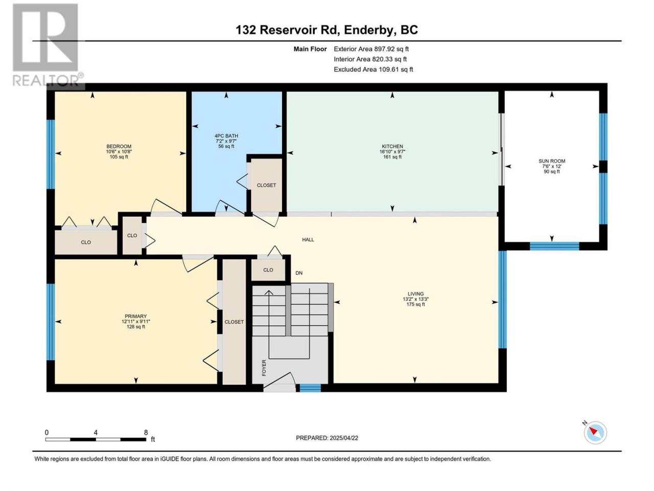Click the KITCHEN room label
(392, 146)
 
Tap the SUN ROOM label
(551, 161)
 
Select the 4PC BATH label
(226, 136)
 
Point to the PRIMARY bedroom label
(135, 316)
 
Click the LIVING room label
(415, 294)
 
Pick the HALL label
(308, 240)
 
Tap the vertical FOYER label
(264, 368)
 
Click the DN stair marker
(299, 273)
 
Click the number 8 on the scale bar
(146, 433)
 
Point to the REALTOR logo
(48, 45)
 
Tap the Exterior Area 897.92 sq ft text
(371, 49)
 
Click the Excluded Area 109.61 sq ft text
(373, 70)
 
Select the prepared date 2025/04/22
(344, 438)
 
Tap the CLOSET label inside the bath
(266, 186)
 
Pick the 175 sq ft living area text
(415, 304)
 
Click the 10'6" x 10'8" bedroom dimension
(119, 151)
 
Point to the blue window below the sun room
(554, 246)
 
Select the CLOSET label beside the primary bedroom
(234, 322)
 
